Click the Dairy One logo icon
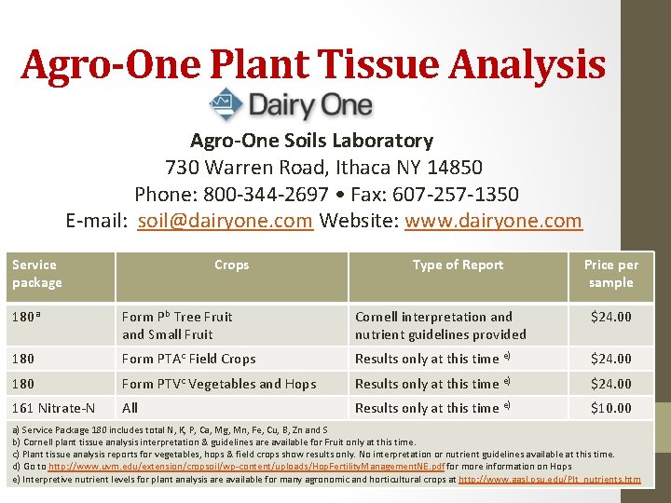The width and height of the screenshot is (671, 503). (226, 103)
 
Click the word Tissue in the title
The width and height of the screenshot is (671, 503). (374, 64)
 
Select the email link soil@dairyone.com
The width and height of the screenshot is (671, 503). (225, 221)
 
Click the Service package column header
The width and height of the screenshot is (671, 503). (37, 274)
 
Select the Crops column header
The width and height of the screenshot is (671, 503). (231, 265)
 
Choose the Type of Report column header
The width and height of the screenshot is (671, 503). (458, 265)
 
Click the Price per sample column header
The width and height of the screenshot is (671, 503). (610, 274)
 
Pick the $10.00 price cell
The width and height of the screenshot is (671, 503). (610, 408)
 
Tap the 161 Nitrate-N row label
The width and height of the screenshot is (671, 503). (53, 408)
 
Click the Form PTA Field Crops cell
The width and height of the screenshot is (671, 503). (188, 359)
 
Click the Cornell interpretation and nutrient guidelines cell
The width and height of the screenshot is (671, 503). (440, 325)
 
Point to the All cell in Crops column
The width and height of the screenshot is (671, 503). (130, 408)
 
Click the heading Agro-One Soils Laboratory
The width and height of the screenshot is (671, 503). (311, 141)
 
